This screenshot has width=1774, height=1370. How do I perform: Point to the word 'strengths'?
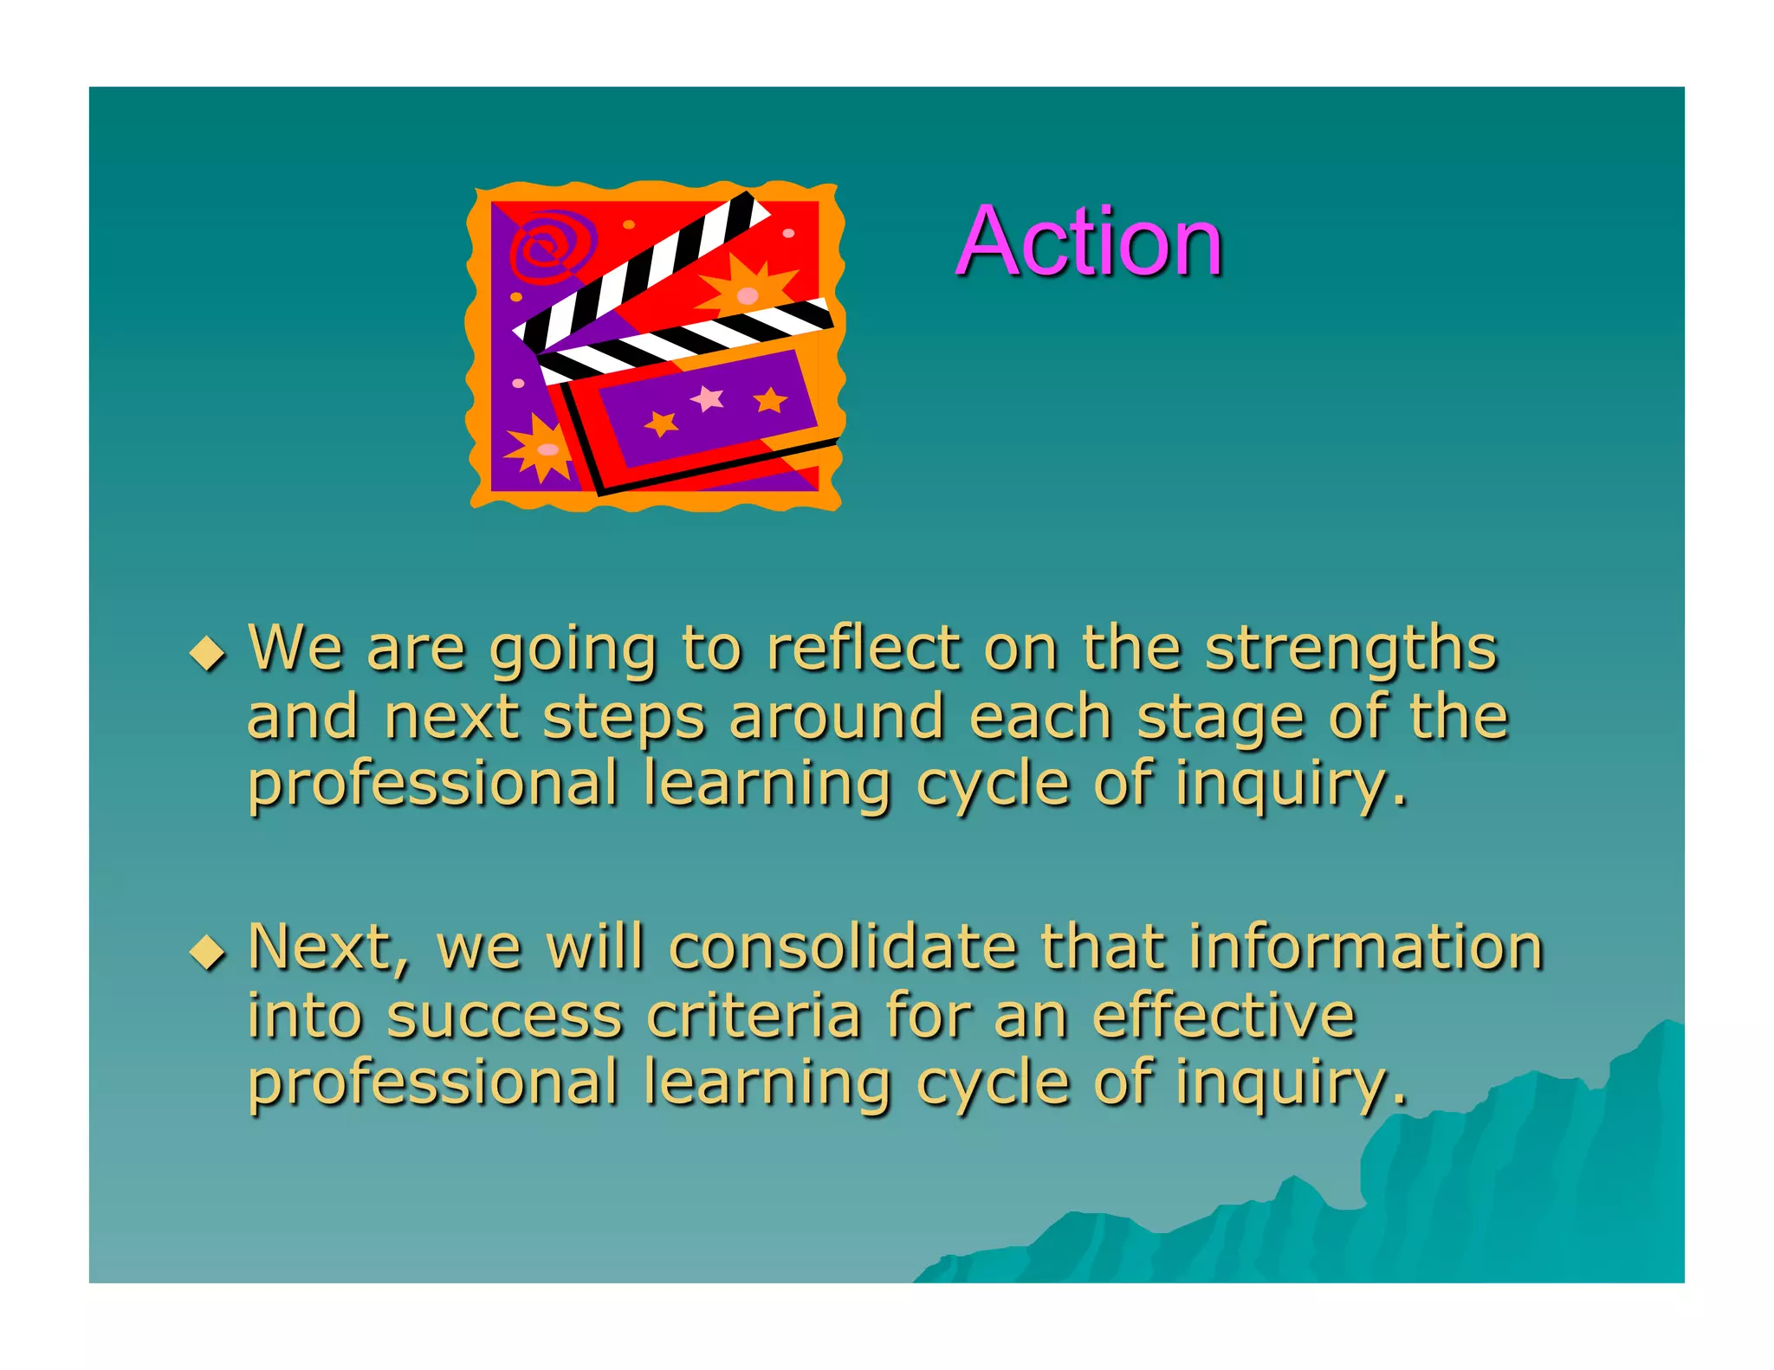pos(1350,649)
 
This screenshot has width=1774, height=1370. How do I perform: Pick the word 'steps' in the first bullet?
pos(624,719)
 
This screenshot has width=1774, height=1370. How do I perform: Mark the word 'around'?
pos(836,719)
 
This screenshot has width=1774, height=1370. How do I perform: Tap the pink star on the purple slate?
pos(708,398)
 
